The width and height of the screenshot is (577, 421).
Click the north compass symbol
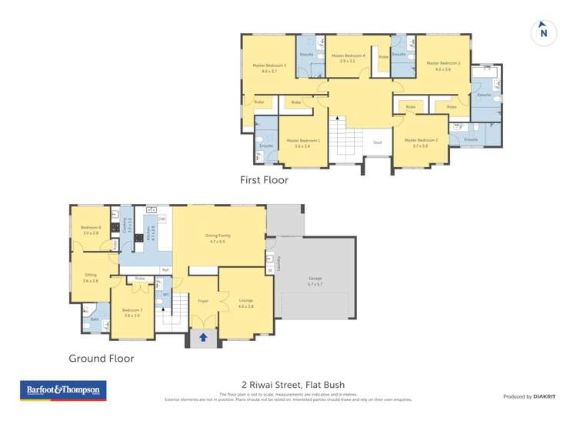click(x=543, y=32)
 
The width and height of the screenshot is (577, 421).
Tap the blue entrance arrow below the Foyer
click(x=203, y=337)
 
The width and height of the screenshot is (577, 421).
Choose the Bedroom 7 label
click(x=132, y=312)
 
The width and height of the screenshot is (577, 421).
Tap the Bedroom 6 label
click(x=91, y=229)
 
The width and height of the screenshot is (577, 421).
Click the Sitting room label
click(x=91, y=277)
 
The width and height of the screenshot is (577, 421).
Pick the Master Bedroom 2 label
click(x=420, y=142)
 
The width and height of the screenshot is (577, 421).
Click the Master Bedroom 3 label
click(x=443, y=65)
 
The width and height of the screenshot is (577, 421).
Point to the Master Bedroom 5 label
click(x=269, y=68)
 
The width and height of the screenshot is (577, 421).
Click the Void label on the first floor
click(x=377, y=142)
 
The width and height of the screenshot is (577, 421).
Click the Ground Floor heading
click(x=101, y=358)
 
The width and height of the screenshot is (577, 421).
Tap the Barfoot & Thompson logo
click(x=63, y=390)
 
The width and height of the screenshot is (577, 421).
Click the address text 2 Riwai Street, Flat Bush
click(x=289, y=385)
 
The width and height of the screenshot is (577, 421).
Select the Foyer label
click(x=203, y=301)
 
